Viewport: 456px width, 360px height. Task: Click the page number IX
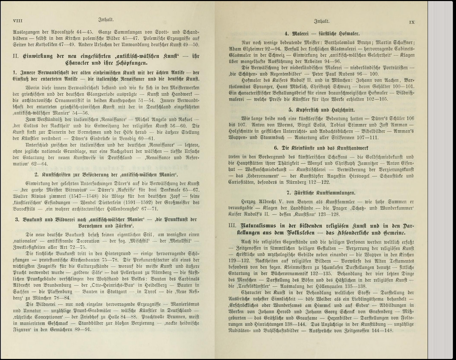click(x=412, y=22)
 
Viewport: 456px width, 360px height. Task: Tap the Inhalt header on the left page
click(x=106, y=20)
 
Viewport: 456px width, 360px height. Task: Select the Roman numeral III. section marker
click(x=232, y=226)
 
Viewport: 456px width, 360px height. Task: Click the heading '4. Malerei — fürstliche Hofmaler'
click(x=322, y=34)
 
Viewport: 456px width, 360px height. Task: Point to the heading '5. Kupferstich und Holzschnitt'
click(x=322, y=110)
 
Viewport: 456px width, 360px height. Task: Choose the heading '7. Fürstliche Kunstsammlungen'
click(x=321, y=193)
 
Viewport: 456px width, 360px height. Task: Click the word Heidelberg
click(x=165, y=285)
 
